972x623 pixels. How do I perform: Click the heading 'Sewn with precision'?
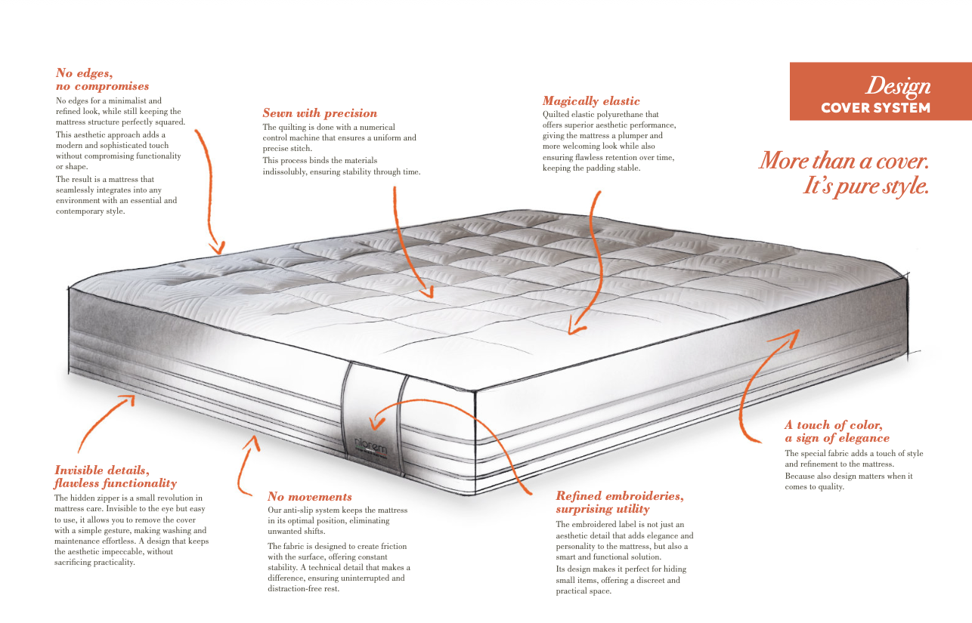pos(320,113)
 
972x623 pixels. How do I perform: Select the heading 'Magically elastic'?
pos(591,101)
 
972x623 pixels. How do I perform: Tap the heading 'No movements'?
pos(310,497)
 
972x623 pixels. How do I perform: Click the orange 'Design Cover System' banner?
pos(880,91)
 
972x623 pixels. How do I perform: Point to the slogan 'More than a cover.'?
pos(844,161)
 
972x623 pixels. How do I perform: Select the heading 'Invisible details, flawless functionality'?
pos(115,477)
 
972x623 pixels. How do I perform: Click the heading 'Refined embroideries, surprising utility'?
pos(620,503)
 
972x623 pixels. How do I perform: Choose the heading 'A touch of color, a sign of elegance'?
pos(837,431)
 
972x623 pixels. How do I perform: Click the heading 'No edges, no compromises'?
pos(102,79)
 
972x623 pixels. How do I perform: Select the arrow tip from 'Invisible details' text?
pos(132,399)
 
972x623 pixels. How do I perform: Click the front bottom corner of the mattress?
pos(474,494)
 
